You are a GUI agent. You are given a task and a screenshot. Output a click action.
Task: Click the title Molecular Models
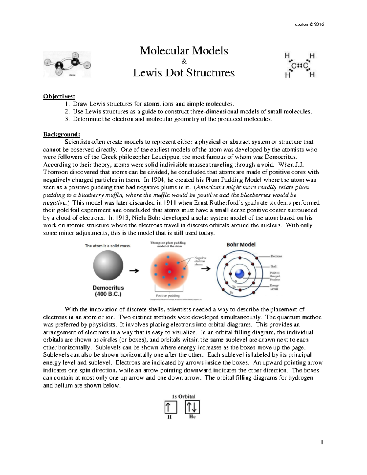pos(184,50)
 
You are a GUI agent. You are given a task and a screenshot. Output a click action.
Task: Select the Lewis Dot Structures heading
pos(183,73)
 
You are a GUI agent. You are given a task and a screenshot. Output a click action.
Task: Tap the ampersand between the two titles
pos(184,62)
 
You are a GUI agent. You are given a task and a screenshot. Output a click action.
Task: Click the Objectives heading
pos(59,96)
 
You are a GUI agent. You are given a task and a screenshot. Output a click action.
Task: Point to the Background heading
pos(61,134)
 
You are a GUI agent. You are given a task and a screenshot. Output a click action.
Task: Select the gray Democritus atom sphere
pos(108,265)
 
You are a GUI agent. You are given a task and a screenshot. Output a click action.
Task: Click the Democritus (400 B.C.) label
pos(108,291)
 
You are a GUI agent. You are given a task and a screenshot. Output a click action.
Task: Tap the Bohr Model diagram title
pos(241,244)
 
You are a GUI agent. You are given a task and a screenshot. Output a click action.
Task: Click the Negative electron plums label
pos(200,261)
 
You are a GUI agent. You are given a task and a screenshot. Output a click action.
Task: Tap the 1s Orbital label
pos(183,396)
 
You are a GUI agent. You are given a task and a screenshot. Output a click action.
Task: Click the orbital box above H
pos(170,407)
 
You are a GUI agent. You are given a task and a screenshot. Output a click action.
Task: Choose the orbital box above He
pos(192,407)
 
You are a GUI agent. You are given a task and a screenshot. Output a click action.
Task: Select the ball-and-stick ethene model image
pos(67,64)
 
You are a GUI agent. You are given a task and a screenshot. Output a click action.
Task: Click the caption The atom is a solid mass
pos(108,246)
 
